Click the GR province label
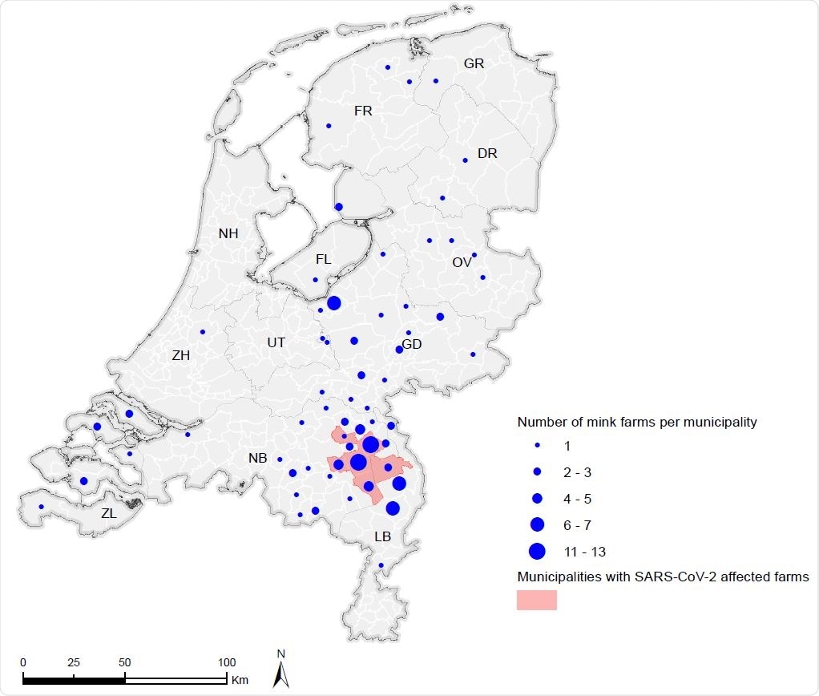click(x=474, y=64)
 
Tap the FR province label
click(x=363, y=111)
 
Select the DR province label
click(x=487, y=154)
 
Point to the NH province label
click(x=228, y=234)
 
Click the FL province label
click(x=323, y=260)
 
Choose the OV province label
click(x=462, y=262)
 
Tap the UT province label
click(x=276, y=342)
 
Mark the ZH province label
click(x=180, y=355)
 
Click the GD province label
click(x=412, y=345)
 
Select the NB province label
click(x=257, y=459)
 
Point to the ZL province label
click(x=108, y=514)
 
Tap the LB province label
click(x=382, y=536)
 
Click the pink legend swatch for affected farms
click(x=536, y=600)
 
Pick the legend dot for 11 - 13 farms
click(x=537, y=551)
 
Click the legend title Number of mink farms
click(x=637, y=422)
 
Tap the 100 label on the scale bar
click(x=227, y=663)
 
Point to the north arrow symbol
click(x=280, y=672)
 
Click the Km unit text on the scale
click(x=240, y=681)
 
